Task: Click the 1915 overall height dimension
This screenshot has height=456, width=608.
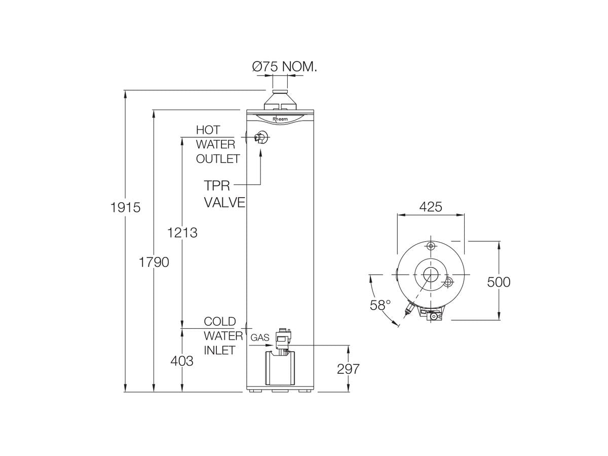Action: [125, 207]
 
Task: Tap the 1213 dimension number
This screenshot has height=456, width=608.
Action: [182, 233]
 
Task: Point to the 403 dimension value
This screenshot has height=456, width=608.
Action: [182, 361]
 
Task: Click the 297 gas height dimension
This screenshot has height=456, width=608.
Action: [348, 369]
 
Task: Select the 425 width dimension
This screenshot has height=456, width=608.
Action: [431, 207]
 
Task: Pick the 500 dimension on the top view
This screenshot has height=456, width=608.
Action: [499, 282]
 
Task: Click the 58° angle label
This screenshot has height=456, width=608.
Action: [380, 305]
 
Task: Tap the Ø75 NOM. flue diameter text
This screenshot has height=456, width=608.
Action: [284, 66]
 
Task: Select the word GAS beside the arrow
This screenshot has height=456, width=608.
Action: [260, 337]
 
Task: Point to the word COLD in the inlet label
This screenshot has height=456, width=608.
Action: [220, 321]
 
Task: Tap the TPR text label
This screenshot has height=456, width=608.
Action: [217, 184]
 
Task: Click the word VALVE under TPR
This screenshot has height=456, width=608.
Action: [224, 203]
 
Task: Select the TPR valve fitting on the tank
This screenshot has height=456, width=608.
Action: [261, 138]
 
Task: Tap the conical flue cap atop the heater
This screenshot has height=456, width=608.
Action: [280, 100]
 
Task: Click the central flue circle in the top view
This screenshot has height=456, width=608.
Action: [431, 274]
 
